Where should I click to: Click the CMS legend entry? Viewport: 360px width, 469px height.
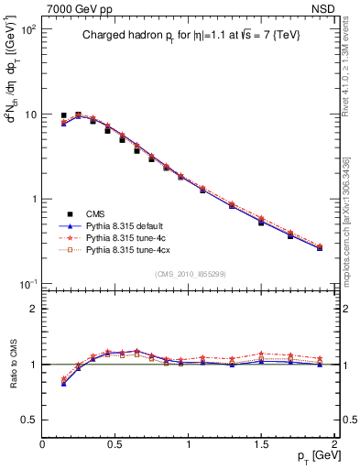[96, 213]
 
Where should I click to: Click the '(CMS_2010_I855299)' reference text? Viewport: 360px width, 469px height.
[191, 274]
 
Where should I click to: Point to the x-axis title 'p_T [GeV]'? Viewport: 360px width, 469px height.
[312, 455]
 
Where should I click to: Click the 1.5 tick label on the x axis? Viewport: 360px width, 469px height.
[262, 444]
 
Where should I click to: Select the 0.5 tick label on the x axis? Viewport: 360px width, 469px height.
[116, 444]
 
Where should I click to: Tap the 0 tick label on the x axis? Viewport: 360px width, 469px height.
[43, 444]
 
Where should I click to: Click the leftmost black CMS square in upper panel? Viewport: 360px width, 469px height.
[63, 116]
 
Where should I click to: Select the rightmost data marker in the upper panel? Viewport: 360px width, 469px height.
[320, 247]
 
